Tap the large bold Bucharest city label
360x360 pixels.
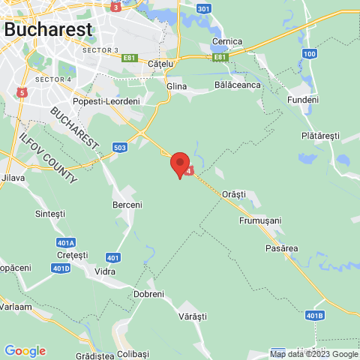[x=49, y=29]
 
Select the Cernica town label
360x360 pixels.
[x=227, y=41]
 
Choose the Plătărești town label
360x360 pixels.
[x=320, y=136]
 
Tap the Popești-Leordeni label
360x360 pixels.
[x=106, y=101]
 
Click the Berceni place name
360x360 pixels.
[x=127, y=205]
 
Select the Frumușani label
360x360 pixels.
[x=259, y=220]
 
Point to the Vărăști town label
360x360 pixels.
[x=192, y=317]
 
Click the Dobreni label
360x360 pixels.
[x=148, y=294]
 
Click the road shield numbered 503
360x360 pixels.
[x=120, y=148]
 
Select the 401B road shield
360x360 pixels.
[x=315, y=316]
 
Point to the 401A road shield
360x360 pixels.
[x=66, y=243]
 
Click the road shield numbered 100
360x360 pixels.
[x=310, y=53]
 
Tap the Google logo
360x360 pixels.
[x=25, y=351]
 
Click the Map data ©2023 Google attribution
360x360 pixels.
[x=313, y=354]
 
